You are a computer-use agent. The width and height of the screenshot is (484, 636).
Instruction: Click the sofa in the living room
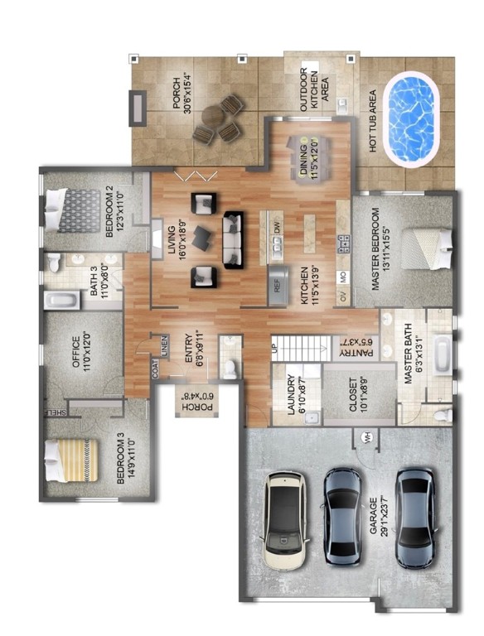pos(234,238)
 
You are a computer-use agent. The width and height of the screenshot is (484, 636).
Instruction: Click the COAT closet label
pos(155,369)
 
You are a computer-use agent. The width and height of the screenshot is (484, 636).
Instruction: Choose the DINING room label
pos(310,154)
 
